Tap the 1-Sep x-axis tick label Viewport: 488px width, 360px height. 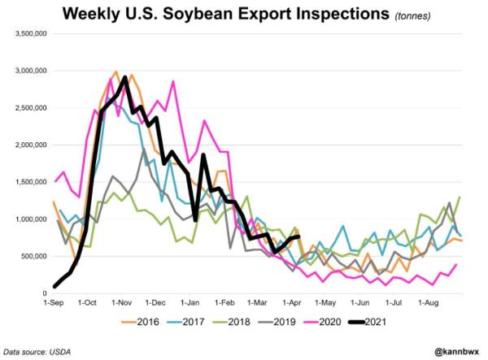tap(54, 302)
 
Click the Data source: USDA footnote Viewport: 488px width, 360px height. tap(37, 351)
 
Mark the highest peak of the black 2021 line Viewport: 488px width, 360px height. tap(124, 78)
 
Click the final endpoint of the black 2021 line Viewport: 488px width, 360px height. tap(299, 236)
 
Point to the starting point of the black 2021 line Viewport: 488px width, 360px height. tap(54, 286)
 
